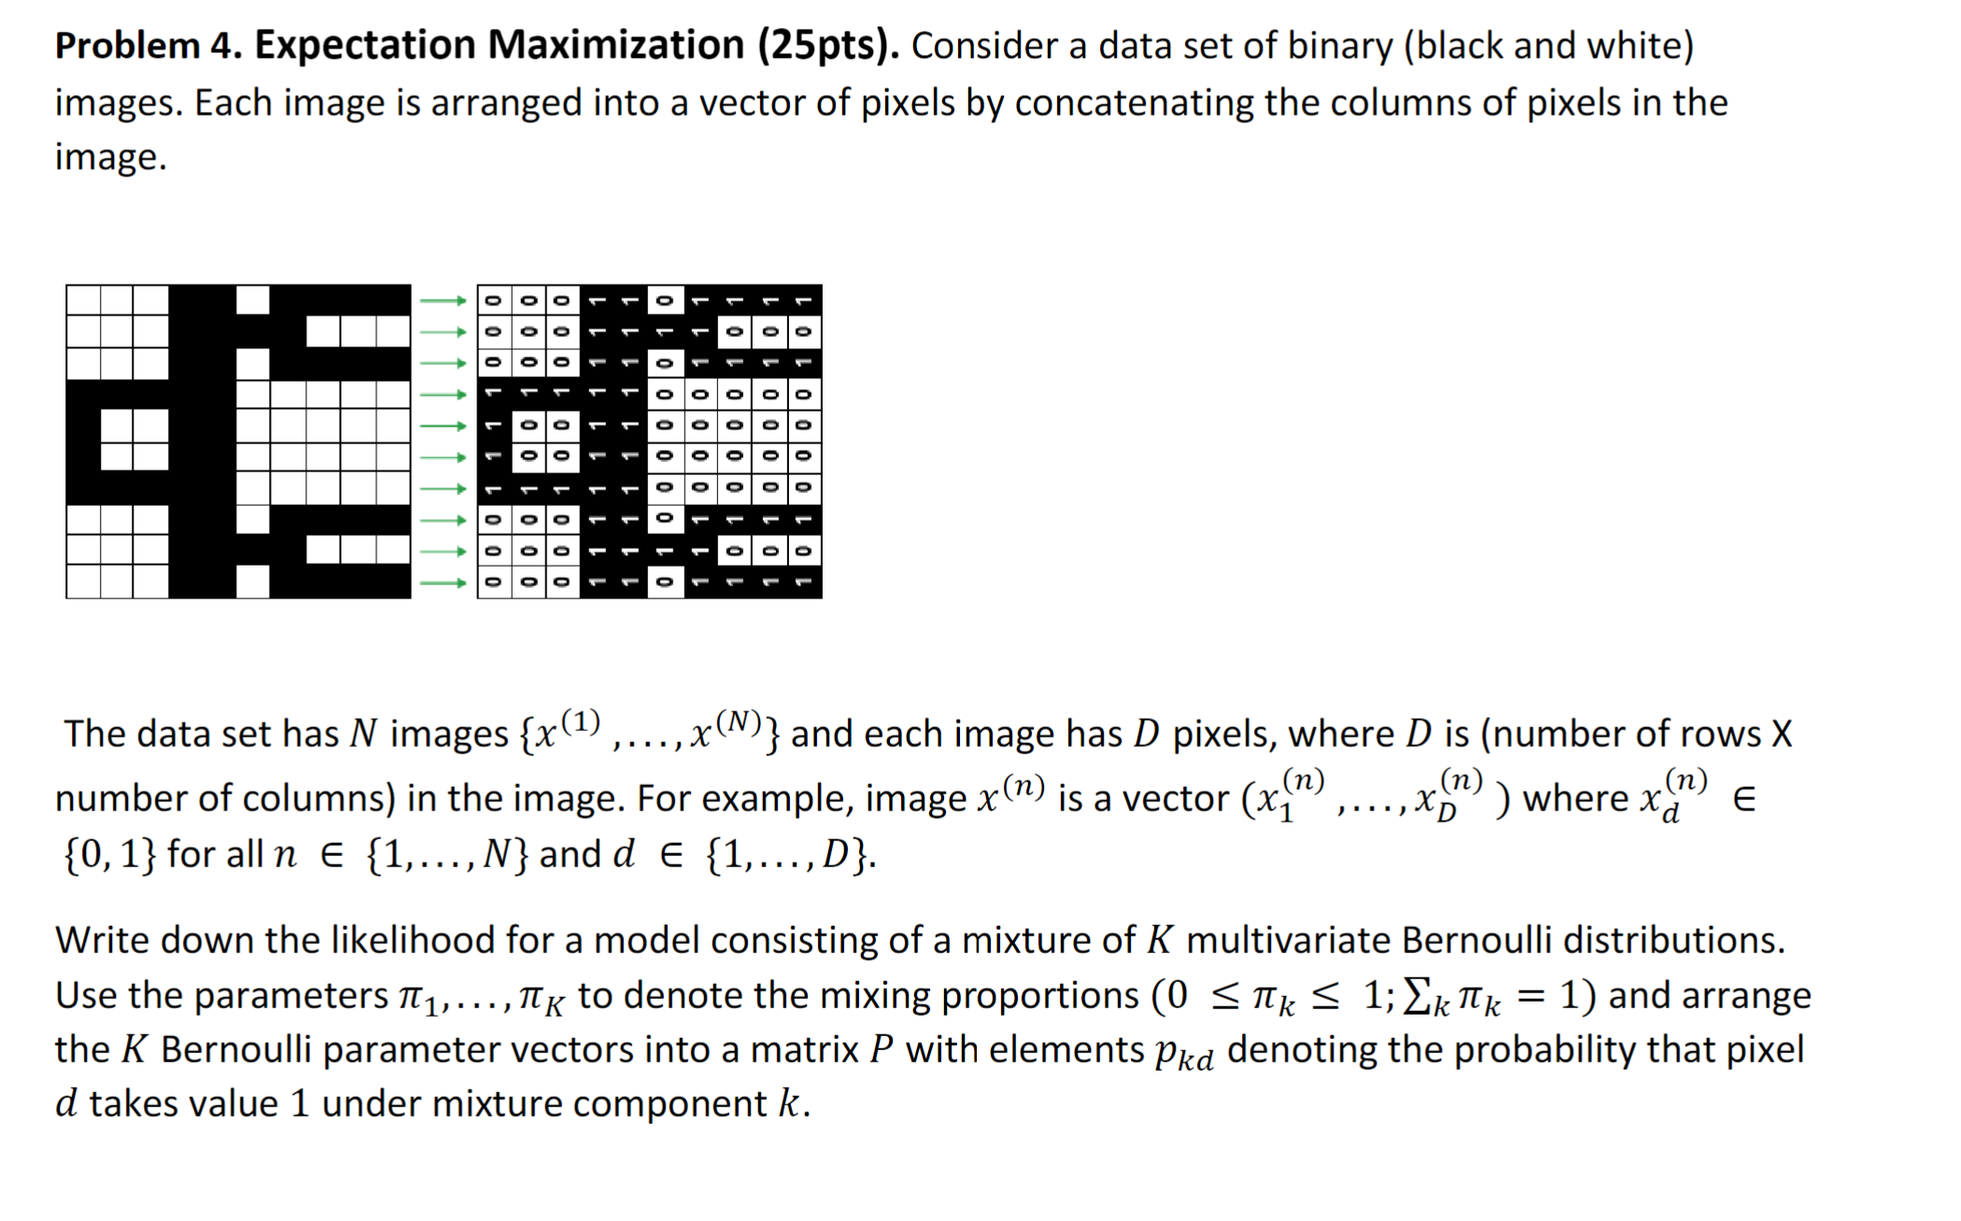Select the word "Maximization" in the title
[615, 46]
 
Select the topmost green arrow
[443, 301]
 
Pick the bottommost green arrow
[443, 583]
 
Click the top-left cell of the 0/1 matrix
[494, 301]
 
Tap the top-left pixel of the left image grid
[83, 301]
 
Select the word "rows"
[1725, 735]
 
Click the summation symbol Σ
[1418, 997]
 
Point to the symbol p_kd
[1183, 1053]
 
